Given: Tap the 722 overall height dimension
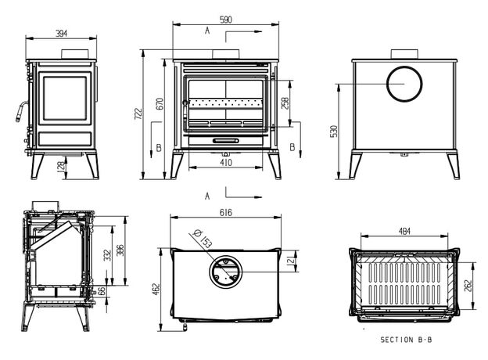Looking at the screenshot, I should pyautogui.click(x=138, y=114).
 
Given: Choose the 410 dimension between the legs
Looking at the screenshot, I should pyautogui.click(x=225, y=164).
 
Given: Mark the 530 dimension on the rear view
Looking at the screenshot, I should pyautogui.click(x=334, y=130).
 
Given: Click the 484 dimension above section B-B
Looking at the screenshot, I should pyautogui.click(x=404, y=232).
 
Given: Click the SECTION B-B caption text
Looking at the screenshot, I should pyautogui.click(x=406, y=340).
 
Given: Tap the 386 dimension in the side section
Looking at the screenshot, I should pyautogui.click(x=120, y=251).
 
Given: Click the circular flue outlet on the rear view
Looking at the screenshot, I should pyautogui.click(x=405, y=84).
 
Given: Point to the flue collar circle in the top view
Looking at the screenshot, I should pyautogui.click(x=226, y=272).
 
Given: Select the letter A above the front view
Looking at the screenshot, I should pyautogui.click(x=206, y=31).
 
